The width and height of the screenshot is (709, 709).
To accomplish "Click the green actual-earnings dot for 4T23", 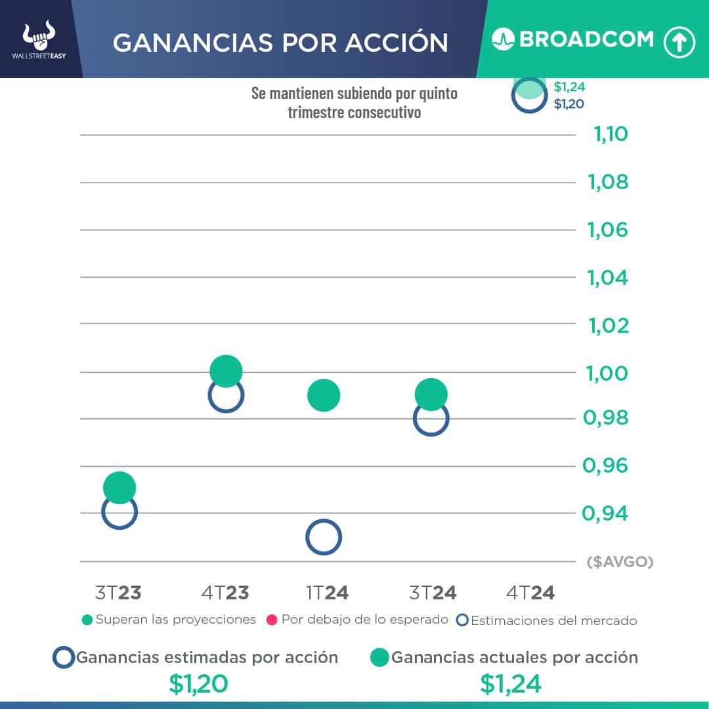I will [x=226, y=372].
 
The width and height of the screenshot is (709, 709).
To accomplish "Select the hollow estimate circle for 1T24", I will [x=323, y=538].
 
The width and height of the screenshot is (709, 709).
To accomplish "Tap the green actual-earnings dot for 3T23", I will [x=119, y=488].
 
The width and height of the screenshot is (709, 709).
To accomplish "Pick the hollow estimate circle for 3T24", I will [x=431, y=419].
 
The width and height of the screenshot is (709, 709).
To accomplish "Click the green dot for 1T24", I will [x=323, y=395].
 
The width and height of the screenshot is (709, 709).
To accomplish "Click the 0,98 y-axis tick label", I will [x=605, y=418].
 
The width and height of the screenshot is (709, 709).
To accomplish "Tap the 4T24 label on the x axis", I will [x=530, y=593].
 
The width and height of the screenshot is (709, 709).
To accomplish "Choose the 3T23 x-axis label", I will [x=118, y=593].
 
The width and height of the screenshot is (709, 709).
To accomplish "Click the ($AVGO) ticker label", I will [x=620, y=562].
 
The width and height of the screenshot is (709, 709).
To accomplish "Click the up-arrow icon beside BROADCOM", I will [x=679, y=42].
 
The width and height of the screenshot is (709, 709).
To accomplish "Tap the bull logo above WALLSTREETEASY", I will [x=39, y=36].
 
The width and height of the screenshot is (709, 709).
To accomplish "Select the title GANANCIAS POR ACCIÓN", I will [x=280, y=43].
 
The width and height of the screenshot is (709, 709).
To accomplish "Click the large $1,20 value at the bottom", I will [x=198, y=684].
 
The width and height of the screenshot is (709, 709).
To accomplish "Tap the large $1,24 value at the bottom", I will [x=511, y=684].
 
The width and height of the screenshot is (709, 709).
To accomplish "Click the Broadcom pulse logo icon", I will [x=502, y=39].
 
